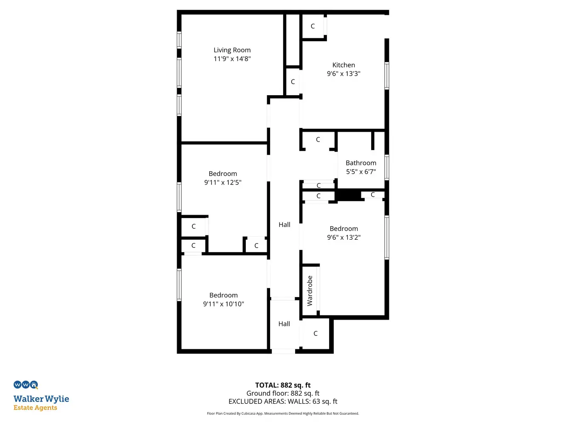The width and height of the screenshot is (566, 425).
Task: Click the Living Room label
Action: click(232, 50)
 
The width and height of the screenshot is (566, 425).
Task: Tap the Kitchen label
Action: click(344, 65)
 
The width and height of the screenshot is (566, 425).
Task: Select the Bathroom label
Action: click(361, 163)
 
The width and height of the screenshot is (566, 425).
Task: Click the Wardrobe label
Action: click(310, 291)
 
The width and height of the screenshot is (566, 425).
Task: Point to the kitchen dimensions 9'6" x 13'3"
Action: click(344, 74)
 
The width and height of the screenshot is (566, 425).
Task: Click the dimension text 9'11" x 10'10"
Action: click(223, 304)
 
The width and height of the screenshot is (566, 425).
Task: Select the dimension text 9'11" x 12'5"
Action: click(223, 182)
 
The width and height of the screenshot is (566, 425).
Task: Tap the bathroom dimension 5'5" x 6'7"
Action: click(361, 172)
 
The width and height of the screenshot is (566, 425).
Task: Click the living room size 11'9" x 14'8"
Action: click(232, 59)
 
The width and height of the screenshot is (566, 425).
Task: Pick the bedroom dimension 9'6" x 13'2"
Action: click(344, 238)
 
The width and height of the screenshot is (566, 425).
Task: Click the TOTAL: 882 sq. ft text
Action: click(283, 385)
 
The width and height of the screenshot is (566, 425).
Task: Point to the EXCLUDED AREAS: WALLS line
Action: click(283, 402)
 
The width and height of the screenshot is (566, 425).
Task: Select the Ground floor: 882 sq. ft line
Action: click(283, 393)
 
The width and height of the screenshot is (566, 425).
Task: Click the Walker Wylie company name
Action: click(41, 399)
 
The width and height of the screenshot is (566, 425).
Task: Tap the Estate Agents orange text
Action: click(35, 408)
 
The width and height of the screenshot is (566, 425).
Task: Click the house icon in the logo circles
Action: click(34, 385)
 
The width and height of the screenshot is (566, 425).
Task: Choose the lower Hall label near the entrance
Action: click(284, 324)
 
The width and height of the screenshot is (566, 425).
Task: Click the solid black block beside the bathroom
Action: click(349, 195)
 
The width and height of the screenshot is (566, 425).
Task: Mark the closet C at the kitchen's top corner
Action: click(313, 26)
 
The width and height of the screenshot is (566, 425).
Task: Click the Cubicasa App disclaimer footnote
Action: click(283, 414)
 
